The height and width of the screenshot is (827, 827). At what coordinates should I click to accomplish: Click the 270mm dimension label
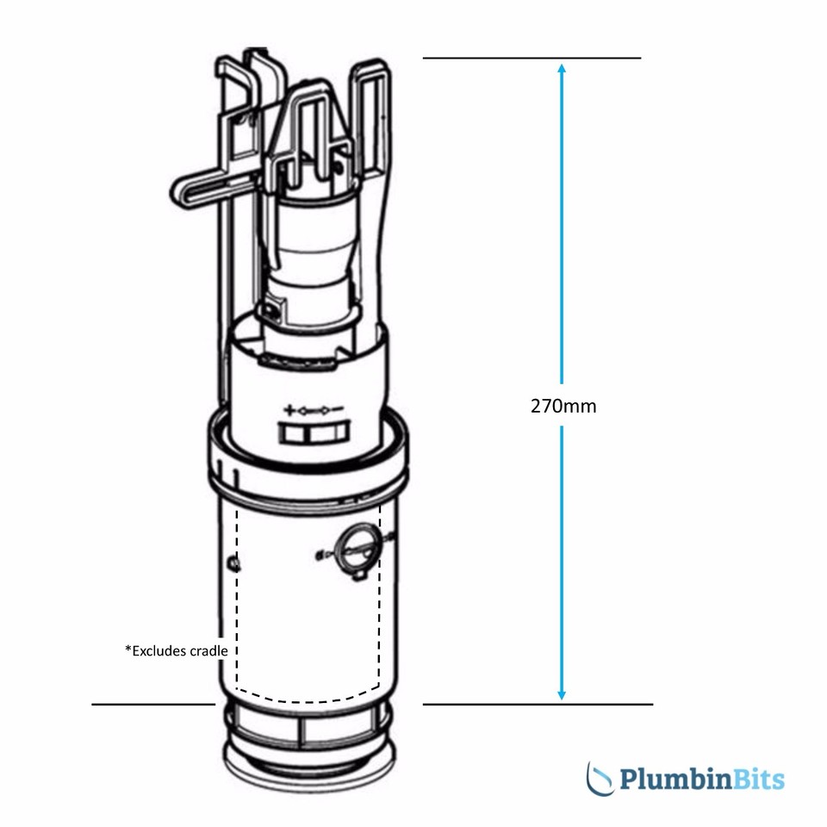pyautogui.click(x=563, y=406)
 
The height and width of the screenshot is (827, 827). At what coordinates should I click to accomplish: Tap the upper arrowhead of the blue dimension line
pyautogui.click(x=562, y=69)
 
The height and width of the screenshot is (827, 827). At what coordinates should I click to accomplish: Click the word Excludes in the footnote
pyautogui.click(x=159, y=651)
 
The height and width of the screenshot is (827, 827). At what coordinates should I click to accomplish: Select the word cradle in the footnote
pyautogui.click(x=208, y=651)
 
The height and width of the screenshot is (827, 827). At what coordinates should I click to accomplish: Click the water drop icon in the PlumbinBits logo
pyautogui.click(x=600, y=778)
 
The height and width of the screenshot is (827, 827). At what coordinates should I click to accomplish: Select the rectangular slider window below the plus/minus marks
pyautogui.click(x=314, y=432)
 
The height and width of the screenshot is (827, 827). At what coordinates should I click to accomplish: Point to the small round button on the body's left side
pyautogui.click(x=233, y=564)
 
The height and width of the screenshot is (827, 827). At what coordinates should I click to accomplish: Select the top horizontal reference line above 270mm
pyautogui.click(x=532, y=58)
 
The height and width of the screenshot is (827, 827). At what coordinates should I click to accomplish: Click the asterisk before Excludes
pyautogui.click(x=128, y=649)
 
